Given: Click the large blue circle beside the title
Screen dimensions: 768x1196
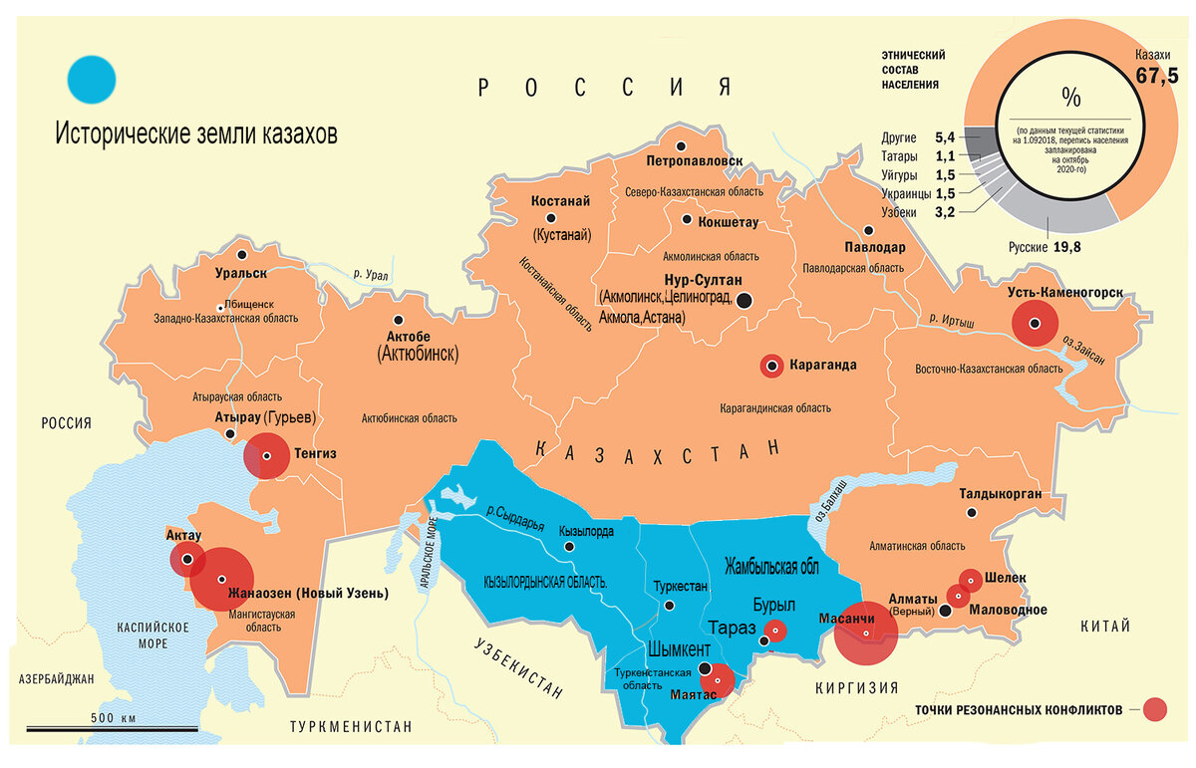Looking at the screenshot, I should [x=91, y=80].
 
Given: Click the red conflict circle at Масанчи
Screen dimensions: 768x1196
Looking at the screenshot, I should [x=865, y=635].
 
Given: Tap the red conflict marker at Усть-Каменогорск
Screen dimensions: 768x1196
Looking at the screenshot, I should [x=1035, y=323].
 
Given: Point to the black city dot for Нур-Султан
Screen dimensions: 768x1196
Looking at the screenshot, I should [x=744, y=299].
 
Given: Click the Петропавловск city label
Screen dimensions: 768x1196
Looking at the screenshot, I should [x=695, y=159].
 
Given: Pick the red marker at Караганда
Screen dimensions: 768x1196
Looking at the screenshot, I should [x=771, y=366].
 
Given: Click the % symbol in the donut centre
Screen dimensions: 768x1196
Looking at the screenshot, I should [x=1071, y=97].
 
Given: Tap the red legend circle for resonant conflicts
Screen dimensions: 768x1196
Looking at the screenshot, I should [x=1155, y=709].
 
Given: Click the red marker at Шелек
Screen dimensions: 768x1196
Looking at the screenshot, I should [x=970, y=578].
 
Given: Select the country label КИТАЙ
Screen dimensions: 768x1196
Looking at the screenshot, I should [x=1105, y=627].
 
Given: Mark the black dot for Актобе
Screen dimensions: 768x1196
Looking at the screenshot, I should [x=399, y=321].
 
